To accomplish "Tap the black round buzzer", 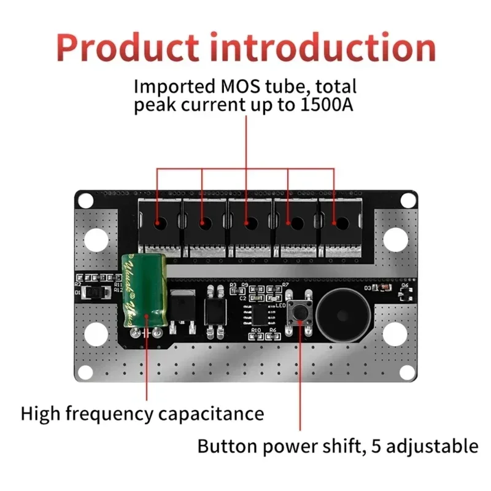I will point(341,313).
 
